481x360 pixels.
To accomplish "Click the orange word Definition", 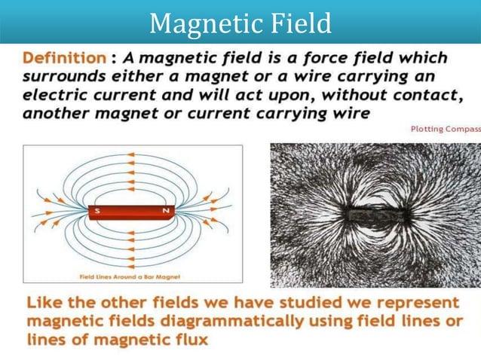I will pos(64,58).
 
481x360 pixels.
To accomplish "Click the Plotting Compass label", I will pos(445,129).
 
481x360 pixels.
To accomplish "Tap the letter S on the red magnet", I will pos(97,212).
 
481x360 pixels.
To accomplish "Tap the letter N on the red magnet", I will pos(165,212).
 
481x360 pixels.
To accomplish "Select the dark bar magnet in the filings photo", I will pos(374,214).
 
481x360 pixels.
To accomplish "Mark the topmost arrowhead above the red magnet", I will pos(131,155).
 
